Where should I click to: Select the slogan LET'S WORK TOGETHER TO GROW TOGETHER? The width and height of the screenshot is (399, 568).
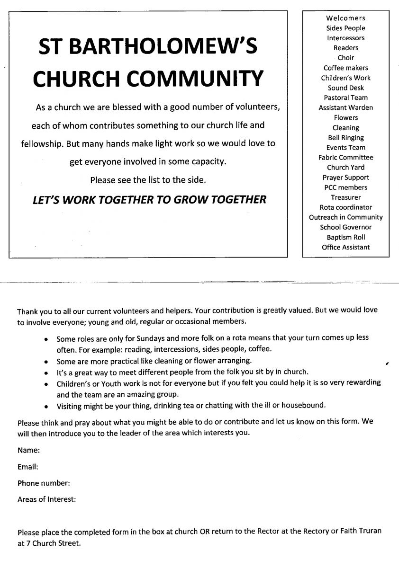pos(149,199)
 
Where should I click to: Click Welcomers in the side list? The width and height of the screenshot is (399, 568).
pos(345,18)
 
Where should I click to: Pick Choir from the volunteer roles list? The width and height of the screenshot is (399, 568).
pos(345,58)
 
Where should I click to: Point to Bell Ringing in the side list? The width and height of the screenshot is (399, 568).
pos(345,138)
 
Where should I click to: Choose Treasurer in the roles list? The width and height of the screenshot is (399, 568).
pos(345,197)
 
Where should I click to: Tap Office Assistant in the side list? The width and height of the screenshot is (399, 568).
pos(345,247)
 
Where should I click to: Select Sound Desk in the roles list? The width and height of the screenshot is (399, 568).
pos(345,88)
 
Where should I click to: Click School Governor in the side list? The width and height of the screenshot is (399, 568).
pos(345,227)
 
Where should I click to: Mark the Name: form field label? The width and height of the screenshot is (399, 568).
pos(28,450)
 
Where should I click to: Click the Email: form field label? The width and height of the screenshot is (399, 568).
pos(28,467)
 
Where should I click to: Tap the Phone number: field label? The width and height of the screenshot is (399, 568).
pos(44,483)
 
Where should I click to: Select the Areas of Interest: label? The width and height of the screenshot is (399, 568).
pos(46,499)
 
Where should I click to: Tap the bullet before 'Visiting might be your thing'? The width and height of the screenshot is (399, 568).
pos(45,406)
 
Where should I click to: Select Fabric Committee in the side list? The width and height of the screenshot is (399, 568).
pos(345,158)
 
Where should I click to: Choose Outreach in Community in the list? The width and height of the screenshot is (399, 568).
pos(345,217)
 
